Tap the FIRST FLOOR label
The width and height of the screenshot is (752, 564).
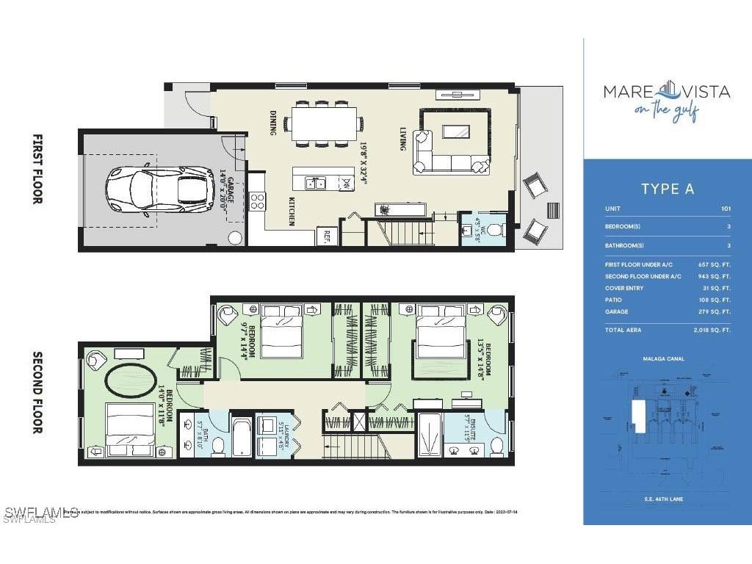coord(37,169)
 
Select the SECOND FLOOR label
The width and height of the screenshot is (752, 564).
coord(37,392)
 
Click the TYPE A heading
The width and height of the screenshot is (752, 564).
coord(667,189)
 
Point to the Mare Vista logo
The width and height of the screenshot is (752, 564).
coord(666,98)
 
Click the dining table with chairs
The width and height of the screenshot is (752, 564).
coord(324,123)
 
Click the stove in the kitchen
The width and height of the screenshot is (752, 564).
coord(257,200)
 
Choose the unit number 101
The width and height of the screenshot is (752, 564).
coord(726,209)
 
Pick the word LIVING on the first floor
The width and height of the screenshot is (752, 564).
coord(403,138)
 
